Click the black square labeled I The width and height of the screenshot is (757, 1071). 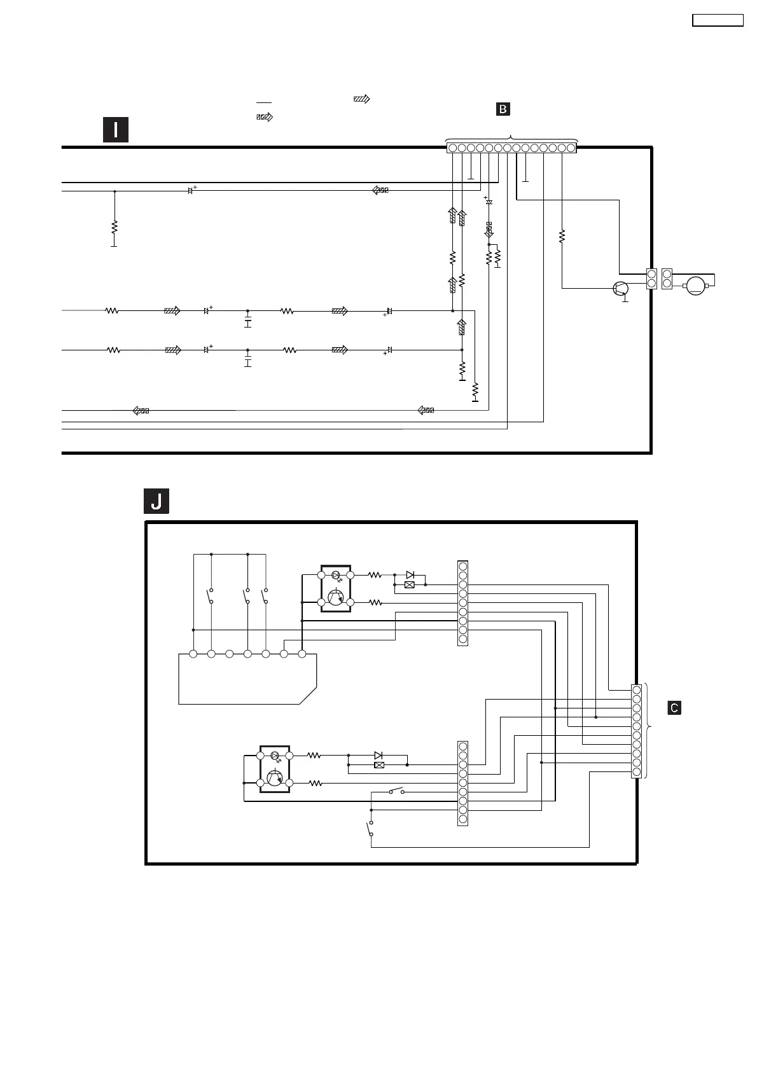(x=116, y=130)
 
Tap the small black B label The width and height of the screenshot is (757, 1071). (x=503, y=109)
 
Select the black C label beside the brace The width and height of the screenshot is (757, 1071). (x=674, y=708)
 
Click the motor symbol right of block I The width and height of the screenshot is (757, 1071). (x=696, y=286)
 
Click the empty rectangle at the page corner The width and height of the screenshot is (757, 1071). (x=718, y=20)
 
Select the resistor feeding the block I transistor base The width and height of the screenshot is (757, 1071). (x=562, y=237)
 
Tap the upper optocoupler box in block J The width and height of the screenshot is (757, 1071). (x=336, y=588)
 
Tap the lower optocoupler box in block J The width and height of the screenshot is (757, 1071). (x=275, y=769)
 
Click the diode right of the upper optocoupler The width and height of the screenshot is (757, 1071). (x=410, y=574)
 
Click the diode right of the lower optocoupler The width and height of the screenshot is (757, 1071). (x=378, y=755)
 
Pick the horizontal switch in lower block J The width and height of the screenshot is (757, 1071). (x=396, y=792)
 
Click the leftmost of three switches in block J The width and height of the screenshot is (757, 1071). (x=211, y=597)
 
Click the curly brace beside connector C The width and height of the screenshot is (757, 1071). (x=648, y=730)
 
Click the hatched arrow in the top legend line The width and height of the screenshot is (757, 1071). (x=361, y=99)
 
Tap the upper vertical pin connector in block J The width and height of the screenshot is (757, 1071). (x=462, y=603)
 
